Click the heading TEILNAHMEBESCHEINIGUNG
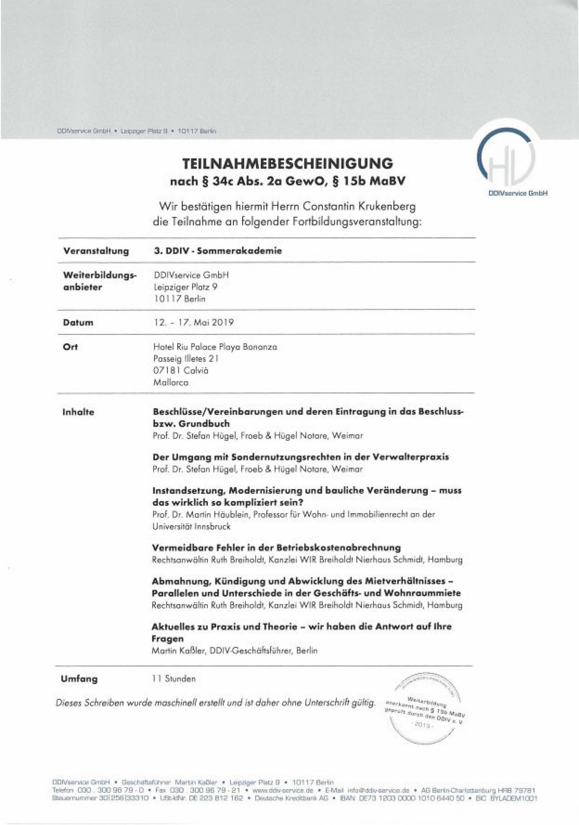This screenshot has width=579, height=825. pos(288,164)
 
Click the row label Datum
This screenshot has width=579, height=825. pos(78,322)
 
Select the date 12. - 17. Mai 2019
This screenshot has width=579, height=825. pos(194,322)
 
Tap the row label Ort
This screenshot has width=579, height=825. pos(70,347)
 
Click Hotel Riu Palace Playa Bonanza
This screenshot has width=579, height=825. pos(215,347)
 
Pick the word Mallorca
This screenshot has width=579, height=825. pos(171,383)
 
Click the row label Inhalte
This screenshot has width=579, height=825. pos(78,412)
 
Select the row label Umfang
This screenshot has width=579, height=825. pos(79,679)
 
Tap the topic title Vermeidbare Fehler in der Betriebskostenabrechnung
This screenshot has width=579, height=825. pos(276,548)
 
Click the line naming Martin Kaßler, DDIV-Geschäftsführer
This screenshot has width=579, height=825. pos(235,650)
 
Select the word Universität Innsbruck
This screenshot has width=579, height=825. pos(191,526)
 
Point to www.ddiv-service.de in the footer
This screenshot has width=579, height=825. pos(283,791)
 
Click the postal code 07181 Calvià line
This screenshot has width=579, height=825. pos(180,370)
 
